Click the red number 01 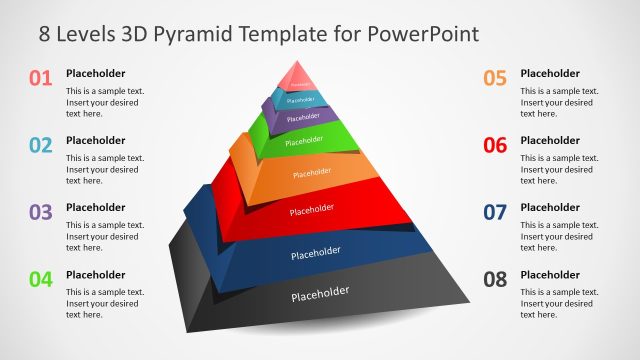pos(40,78)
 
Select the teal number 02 pos(40,145)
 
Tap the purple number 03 pos(40,212)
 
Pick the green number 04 pos(40,279)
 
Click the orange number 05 pos(495,78)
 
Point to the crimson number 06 pos(495,145)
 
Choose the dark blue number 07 pos(495,212)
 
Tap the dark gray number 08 pos(495,279)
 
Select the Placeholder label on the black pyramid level pos(320,293)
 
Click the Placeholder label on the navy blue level pos(315,252)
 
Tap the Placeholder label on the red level pos(311,209)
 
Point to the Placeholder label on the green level pos(304,142)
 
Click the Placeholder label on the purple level pos(302,118)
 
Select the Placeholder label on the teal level pos(300,100)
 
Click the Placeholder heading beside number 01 pos(96,73)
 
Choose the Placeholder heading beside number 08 pos(550,274)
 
